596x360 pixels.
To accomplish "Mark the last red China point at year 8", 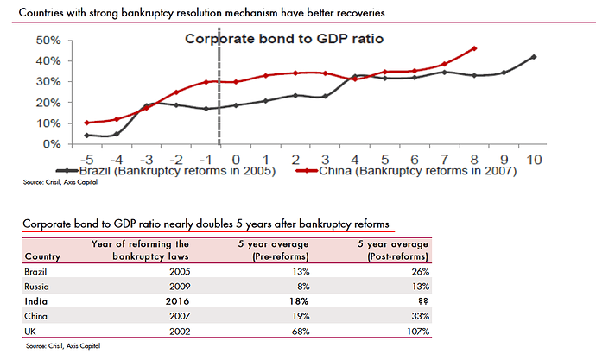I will (x=474, y=48).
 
